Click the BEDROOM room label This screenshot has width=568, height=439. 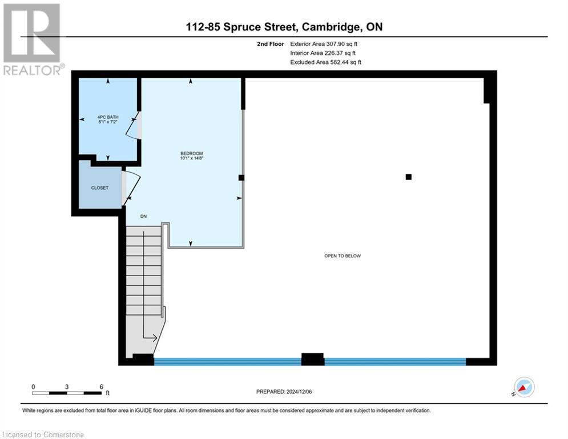pyautogui.click(x=191, y=153)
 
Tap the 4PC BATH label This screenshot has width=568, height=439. pyautogui.click(x=108, y=117)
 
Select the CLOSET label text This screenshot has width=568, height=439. pyautogui.click(x=100, y=187)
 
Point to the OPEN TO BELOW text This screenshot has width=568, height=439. pyautogui.click(x=343, y=256)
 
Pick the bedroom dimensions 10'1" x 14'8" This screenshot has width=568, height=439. pyautogui.click(x=192, y=158)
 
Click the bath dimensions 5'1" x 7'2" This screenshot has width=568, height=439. pyautogui.click(x=108, y=122)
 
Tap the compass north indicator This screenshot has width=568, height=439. pyautogui.click(x=523, y=387)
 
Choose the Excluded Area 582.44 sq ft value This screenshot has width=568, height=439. pyautogui.click(x=325, y=62)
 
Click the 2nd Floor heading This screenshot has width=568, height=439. pyautogui.click(x=270, y=43)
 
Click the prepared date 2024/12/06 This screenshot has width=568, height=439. pyautogui.click(x=309, y=392)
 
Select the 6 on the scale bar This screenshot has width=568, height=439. pyautogui.click(x=101, y=386)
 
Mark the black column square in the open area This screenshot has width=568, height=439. pyautogui.click(x=408, y=177)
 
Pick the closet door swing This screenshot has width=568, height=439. pyautogui.click(x=131, y=186)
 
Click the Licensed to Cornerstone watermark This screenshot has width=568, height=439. pyautogui.click(x=42, y=434)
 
